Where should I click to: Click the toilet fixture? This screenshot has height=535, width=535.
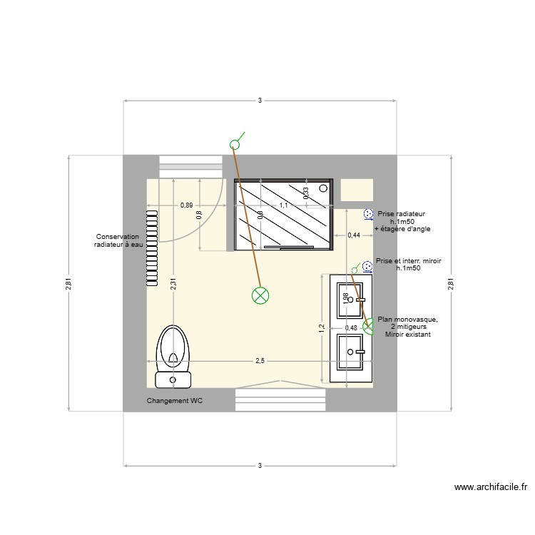pos(173,350)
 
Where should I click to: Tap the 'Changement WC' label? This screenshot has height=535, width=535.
pos(175,401)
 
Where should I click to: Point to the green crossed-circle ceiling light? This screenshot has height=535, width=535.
pos(260,295)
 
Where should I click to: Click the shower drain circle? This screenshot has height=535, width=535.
pos(324,188)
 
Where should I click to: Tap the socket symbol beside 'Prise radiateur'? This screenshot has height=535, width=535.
pos(368,213)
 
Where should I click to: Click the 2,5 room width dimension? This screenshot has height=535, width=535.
pos(260,361)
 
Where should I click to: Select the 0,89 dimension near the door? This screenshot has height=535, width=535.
pos(186,205)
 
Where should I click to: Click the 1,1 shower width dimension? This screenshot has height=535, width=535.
pos(283,205)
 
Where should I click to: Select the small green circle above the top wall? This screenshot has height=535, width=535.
pos(235,145)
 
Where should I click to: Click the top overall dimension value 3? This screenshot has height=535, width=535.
pos(260,101)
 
